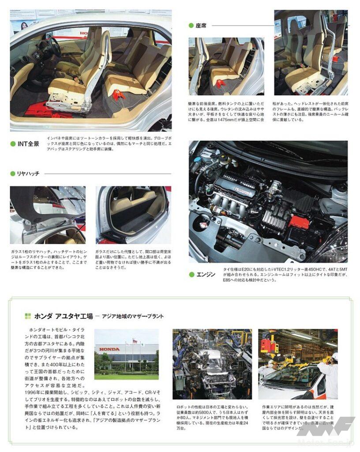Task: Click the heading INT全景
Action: pyautogui.click(x=28, y=144)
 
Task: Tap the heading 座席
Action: pyautogui.click(x=201, y=26)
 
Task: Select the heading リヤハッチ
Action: pyautogui.click(x=28, y=174)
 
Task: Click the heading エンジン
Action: pyautogui.click(x=206, y=275)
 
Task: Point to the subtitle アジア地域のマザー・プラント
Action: pyautogui.click(x=132, y=316)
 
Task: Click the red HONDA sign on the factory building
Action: pyautogui.click(x=109, y=349)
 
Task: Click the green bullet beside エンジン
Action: pyautogui.click(x=191, y=275)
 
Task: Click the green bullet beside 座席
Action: pyautogui.click(x=191, y=26)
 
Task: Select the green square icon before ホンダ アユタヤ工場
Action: pyautogui.click(x=27, y=316)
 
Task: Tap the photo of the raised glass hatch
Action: pyautogui.click(x=48, y=215)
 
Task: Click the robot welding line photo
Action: pyautogui.click(x=212, y=364)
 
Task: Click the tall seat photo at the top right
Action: pyautogui.click(x=311, y=53)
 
